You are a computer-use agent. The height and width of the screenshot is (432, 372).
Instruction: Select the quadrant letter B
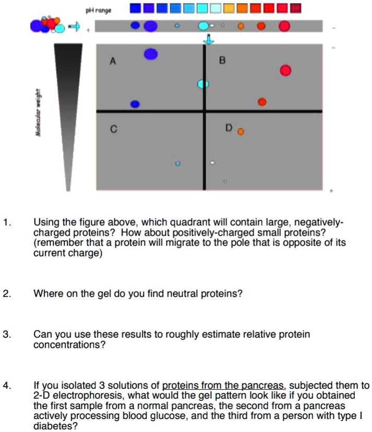[222, 60]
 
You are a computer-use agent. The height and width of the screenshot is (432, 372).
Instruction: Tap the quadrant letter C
[112, 130]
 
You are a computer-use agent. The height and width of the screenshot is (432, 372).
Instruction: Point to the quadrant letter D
[229, 128]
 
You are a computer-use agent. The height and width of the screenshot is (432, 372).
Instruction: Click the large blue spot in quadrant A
[151, 54]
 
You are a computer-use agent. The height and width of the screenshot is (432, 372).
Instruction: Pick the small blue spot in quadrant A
[135, 104]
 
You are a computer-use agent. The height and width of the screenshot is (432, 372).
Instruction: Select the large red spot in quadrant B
[285, 70]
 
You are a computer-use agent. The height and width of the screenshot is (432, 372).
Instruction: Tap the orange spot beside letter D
[241, 132]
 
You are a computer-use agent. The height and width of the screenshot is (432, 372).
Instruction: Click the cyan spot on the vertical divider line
[203, 84]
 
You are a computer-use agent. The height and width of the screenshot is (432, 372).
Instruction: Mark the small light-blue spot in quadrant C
[177, 164]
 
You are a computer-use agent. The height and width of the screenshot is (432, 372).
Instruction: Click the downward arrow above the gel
[208, 40]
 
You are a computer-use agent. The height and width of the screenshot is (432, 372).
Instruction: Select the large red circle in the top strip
[284, 26]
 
